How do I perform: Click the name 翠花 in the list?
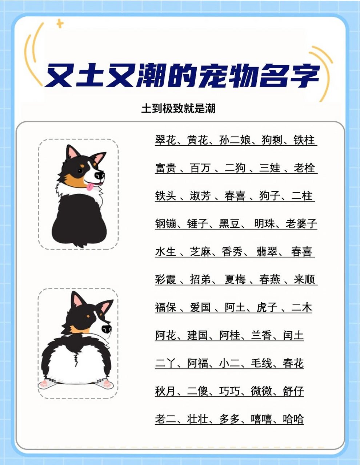165,140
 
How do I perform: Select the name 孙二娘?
235,140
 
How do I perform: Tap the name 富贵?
165,168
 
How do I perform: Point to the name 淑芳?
200,196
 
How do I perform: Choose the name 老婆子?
301,224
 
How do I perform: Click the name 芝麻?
200,252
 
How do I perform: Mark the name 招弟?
200,280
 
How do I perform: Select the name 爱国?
200,308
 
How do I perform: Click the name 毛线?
261,363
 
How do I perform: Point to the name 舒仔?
293,391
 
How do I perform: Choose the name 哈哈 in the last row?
293,419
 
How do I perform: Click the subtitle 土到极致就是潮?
178,108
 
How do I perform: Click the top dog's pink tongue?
89,187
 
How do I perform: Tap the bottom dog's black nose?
107,329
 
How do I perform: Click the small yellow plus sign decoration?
60,25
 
